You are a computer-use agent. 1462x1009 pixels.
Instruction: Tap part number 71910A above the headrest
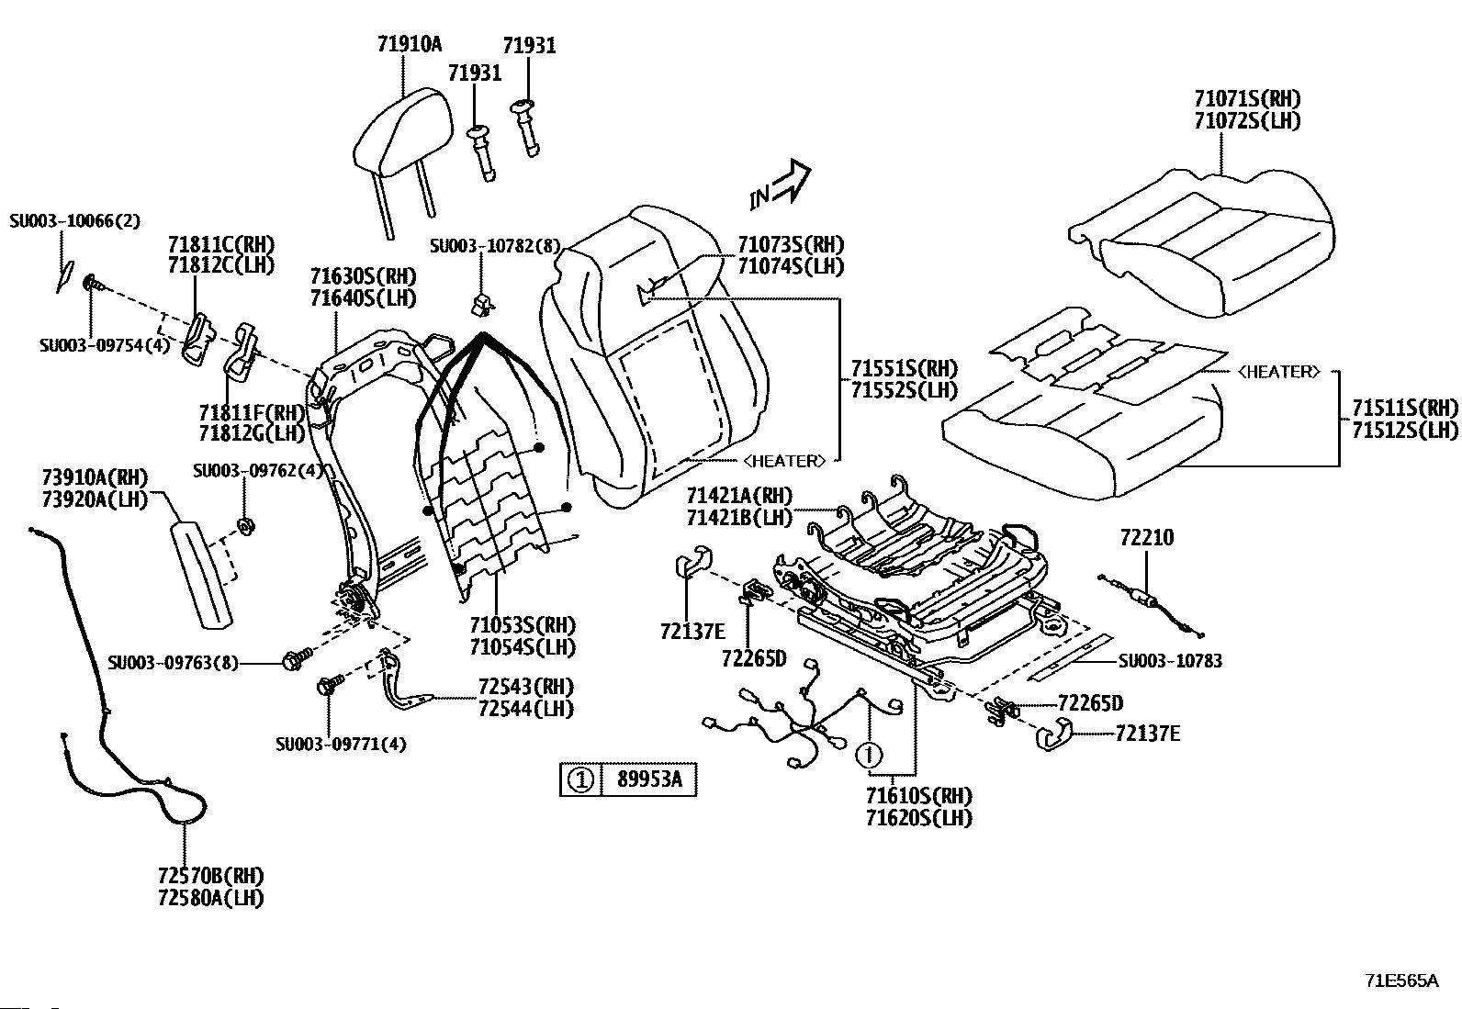[x=410, y=44]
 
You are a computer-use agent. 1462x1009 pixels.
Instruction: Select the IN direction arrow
[x=781, y=184]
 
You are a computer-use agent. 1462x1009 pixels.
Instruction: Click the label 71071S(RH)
[x=1247, y=98]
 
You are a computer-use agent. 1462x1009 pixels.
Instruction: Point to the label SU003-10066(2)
[x=75, y=220]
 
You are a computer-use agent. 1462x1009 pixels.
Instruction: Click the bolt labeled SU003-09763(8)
[x=297, y=658]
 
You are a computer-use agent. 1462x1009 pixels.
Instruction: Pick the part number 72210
[x=1147, y=537]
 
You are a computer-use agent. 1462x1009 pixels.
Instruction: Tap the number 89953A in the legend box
[x=648, y=779]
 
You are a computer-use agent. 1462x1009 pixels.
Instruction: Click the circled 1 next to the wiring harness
[x=869, y=755]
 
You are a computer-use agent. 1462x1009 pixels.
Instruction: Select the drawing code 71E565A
[x=1400, y=981]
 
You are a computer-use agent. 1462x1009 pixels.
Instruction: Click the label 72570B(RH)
[x=211, y=875]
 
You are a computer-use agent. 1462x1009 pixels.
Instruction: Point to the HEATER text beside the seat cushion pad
[x=1278, y=371]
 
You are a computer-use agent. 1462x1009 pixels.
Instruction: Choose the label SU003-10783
[x=1170, y=660]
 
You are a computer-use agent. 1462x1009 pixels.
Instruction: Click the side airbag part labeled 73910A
[x=201, y=575]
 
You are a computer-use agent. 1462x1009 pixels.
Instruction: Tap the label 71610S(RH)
[x=919, y=796]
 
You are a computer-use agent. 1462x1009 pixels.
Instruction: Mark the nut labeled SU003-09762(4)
[x=246, y=525]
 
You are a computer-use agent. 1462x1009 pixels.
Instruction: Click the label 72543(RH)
[x=525, y=687]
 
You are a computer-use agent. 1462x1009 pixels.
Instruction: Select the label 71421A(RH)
[x=739, y=496]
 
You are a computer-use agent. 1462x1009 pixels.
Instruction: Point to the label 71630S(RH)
[x=363, y=276]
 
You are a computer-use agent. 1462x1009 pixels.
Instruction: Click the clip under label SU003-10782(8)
[x=482, y=304]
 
